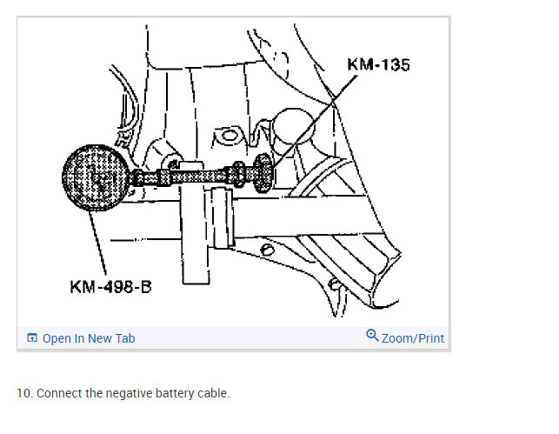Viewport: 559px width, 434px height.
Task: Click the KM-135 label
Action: pyautogui.click(x=378, y=64)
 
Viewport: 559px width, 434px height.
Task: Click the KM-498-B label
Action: pyautogui.click(x=110, y=286)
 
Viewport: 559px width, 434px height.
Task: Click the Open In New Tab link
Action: pyautogui.click(x=89, y=338)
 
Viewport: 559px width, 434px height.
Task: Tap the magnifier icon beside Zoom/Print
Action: pyautogui.click(x=372, y=336)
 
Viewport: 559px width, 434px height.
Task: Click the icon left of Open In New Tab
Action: pyautogui.click(x=32, y=338)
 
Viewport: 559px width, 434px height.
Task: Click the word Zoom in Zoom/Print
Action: pyautogui.click(x=397, y=337)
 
